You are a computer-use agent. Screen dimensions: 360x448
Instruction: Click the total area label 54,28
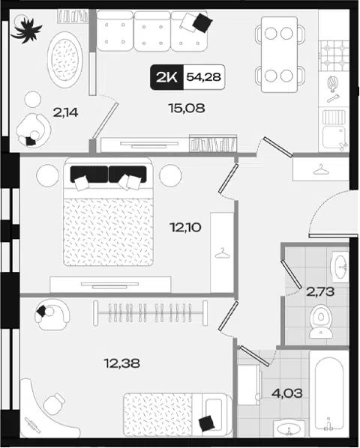point(203,77)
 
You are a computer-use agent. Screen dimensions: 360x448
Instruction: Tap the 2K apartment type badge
point(166,77)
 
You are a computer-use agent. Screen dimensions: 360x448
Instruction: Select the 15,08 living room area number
point(187,109)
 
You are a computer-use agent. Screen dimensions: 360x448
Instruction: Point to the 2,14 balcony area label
point(65,113)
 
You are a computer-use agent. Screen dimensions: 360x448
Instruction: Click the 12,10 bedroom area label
point(185,228)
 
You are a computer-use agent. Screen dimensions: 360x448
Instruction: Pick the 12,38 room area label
point(121,363)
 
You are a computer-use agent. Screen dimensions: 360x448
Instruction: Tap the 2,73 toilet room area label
point(320,292)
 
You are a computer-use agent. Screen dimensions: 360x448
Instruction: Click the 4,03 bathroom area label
point(286,393)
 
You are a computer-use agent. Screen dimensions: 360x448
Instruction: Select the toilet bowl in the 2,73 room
point(321,321)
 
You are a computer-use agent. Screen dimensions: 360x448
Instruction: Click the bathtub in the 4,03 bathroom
point(329,393)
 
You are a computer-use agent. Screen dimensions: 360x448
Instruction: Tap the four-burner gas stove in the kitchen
point(334,55)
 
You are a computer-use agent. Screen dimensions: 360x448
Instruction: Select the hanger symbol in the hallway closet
point(321,169)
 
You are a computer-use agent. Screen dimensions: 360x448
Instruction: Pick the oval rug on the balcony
point(65,60)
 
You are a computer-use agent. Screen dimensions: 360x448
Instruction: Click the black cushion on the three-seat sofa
point(202,22)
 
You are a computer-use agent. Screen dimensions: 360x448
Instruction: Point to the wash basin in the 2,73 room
point(340,267)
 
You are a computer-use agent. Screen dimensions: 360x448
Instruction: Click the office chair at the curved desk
point(54,404)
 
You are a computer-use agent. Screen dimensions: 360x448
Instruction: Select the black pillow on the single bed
point(207,423)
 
